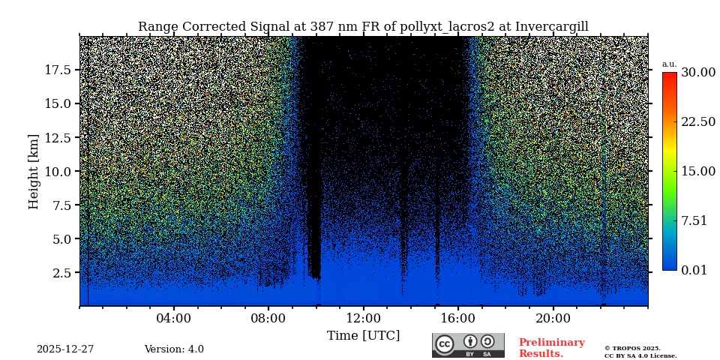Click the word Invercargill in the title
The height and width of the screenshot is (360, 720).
pos(550,27)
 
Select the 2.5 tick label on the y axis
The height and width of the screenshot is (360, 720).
pos(61,273)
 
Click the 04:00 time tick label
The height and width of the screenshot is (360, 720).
pos(174,318)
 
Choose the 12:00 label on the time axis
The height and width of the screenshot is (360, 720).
pos(364,318)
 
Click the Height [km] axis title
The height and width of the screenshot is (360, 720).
pos(34,171)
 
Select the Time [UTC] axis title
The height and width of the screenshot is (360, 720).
pos(364,335)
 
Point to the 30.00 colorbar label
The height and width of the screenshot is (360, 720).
pos(698,73)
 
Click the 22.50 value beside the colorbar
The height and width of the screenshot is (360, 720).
pos(698,122)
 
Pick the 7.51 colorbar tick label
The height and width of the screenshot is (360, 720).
pos(694,220)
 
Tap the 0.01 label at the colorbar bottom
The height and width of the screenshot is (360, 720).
pos(694,270)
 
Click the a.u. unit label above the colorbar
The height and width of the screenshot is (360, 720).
pos(669,64)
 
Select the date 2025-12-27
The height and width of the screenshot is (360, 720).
pos(65,349)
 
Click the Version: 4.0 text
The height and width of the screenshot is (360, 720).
pos(174,349)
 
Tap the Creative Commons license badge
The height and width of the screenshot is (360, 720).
pos(468,345)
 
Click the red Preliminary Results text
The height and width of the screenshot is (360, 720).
pos(551,348)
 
